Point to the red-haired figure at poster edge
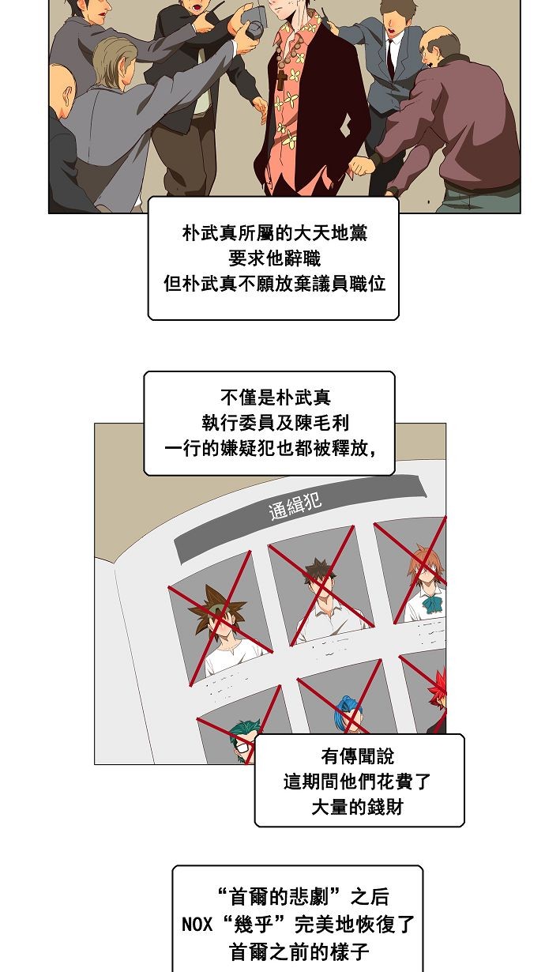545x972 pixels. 437,695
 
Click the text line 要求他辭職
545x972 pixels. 273,258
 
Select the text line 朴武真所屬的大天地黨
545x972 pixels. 273,234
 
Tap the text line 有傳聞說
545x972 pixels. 359,757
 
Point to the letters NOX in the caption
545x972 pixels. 197,924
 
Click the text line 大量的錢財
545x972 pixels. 359,808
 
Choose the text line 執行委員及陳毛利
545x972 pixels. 269,423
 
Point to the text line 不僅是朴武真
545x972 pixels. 269,397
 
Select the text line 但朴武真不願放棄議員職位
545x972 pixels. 273,284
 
